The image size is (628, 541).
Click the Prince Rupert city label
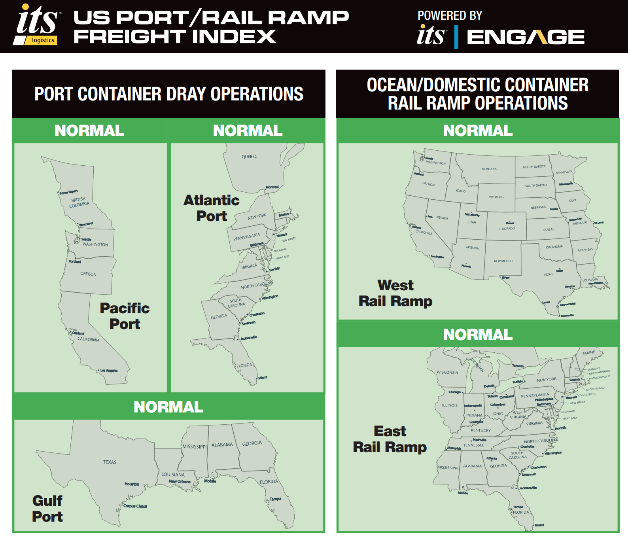69,192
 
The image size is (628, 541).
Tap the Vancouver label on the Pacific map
86,224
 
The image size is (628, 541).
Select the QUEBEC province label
249,157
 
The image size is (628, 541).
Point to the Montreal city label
272,187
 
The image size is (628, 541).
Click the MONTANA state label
489,169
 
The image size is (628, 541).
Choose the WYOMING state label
496,197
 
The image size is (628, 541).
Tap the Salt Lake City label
472,215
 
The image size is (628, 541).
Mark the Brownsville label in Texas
567,315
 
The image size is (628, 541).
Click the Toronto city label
518,366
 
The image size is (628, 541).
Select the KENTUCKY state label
480,430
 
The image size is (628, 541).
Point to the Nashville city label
480,440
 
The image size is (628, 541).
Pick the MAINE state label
589,353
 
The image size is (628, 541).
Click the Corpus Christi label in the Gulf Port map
135,506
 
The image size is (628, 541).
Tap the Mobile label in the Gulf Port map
210,481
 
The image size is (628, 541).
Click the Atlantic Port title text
212,208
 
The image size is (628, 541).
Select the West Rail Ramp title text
395,293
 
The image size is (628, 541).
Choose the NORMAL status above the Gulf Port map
168,407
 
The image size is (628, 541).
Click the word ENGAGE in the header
526,37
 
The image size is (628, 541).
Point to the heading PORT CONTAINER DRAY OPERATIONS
169,94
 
